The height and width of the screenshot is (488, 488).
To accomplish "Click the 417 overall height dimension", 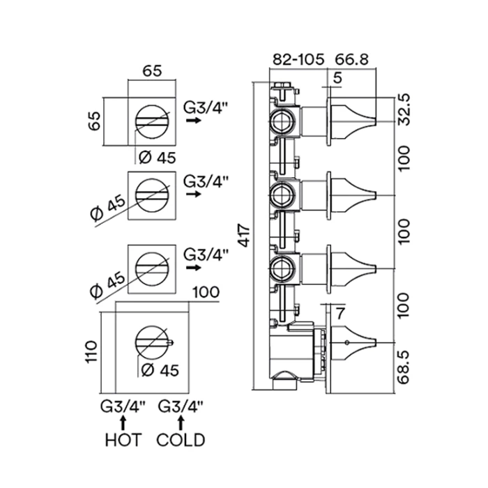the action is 245,236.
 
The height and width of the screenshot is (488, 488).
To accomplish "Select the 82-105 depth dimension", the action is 298,59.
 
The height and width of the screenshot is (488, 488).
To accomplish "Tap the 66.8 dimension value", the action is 351,59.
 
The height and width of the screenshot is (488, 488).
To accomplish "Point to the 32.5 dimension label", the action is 404,109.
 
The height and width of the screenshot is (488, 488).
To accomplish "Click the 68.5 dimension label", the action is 404,368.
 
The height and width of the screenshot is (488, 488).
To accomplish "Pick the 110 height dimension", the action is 91,351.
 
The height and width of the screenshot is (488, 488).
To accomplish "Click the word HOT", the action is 123,440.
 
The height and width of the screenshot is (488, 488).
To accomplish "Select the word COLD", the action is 181,440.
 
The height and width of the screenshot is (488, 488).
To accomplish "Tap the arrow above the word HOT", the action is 123,422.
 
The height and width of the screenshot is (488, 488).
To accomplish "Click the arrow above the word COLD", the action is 181,422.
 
